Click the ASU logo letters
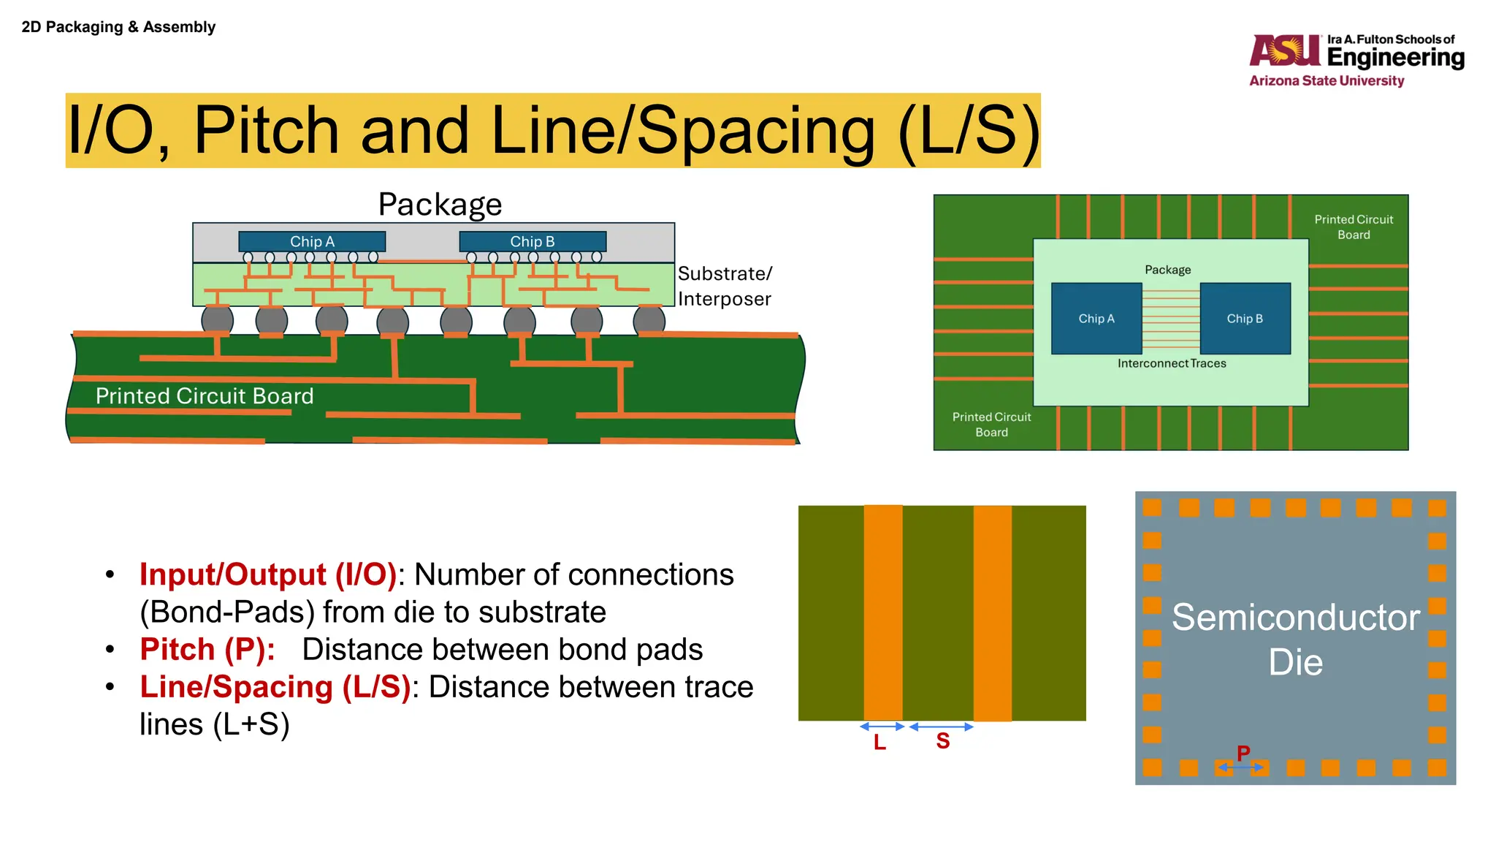[x=1285, y=50]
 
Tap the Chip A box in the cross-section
[x=312, y=241]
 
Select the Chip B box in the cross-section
[x=533, y=241]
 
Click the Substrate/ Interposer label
[x=724, y=286]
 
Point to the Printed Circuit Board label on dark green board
[x=205, y=396]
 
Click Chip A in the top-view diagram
[x=1096, y=319]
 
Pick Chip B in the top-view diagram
[x=1245, y=319]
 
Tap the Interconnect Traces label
[x=1172, y=363]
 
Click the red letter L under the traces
[x=879, y=743]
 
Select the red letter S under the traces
[x=943, y=741]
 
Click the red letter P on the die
[x=1243, y=753]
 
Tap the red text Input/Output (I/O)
[x=268, y=574]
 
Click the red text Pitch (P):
[x=207, y=650]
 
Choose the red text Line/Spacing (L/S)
[x=275, y=687]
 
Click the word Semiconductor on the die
[x=1295, y=618]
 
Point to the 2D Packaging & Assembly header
[x=118, y=27]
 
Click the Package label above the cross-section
[x=440, y=205]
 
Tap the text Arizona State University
[x=1327, y=80]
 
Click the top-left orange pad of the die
[x=1152, y=507]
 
